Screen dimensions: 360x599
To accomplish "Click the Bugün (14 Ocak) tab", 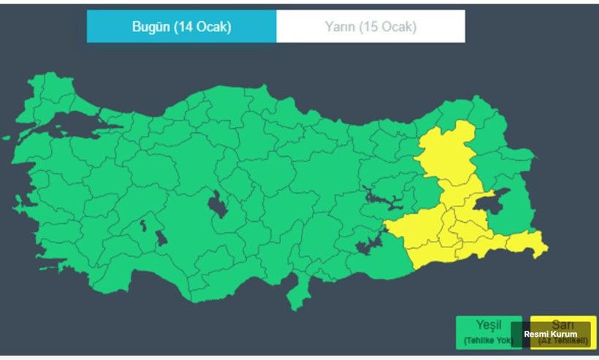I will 181,27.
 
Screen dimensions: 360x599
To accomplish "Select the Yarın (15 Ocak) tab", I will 370,27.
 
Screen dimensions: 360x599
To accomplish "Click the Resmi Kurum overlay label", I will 550,334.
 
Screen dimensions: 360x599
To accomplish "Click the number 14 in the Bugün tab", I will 186,27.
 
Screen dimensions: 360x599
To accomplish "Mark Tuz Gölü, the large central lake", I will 218,205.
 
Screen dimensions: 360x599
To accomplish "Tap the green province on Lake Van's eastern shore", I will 521,209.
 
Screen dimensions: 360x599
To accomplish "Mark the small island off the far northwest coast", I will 7,137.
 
